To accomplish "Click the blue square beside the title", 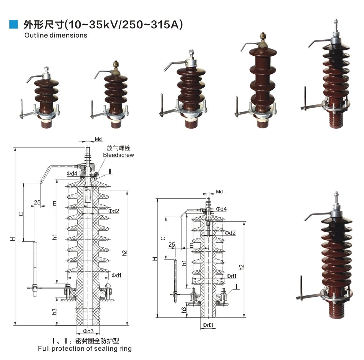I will click(x=13, y=24).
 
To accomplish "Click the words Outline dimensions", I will click(x=55, y=35).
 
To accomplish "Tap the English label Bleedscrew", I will click(x=118, y=155).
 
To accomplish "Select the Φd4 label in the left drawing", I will click(x=72, y=173).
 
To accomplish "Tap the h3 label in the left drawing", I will click(x=54, y=311).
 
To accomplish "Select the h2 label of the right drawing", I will click(x=241, y=267).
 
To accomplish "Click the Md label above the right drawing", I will click(x=219, y=192).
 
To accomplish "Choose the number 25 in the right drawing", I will click(x=171, y=245).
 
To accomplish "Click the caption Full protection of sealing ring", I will click(x=85, y=348).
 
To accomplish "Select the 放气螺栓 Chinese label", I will click(x=118, y=148).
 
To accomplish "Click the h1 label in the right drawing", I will click(x=184, y=263).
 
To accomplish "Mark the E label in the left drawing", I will click(x=54, y=203).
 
